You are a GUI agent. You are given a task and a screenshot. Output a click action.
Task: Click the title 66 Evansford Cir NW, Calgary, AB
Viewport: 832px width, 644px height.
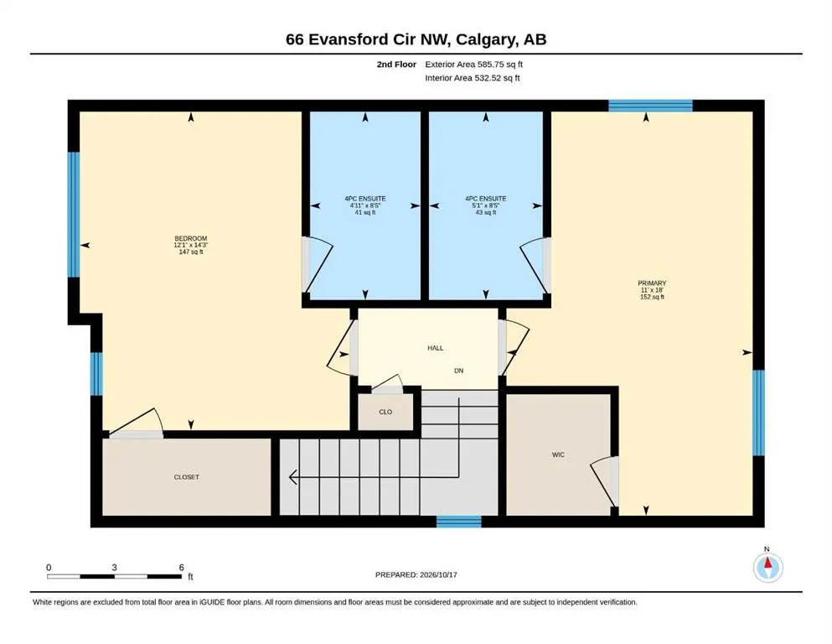tap(416, 39)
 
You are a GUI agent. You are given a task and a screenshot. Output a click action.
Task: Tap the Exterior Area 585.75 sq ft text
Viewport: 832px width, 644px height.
tap(474, 65)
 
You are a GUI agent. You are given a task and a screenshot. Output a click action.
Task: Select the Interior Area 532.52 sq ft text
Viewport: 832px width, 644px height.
tap(473, 78)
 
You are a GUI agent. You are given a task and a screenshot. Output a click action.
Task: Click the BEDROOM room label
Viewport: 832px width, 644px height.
tap(191, 238)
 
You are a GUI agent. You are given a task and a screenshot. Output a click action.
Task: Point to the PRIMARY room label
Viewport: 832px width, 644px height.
tap(652, 283)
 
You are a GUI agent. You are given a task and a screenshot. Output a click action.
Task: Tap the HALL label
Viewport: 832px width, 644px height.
tap(436, 348)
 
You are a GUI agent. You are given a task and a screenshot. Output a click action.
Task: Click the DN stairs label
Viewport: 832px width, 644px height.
tap(459, 371)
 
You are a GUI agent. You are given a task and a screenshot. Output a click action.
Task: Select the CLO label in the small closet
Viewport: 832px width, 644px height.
tap(385, 412)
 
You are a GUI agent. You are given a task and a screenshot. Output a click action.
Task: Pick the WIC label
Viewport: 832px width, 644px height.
tap(558, 455)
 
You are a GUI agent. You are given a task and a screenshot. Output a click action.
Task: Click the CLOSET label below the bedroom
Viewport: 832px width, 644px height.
tap(187, 477)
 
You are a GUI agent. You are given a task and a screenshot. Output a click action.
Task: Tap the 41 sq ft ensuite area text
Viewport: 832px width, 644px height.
tap(365, 212)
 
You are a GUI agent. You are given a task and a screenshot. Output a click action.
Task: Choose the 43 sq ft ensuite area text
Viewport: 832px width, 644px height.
tap(486, 212)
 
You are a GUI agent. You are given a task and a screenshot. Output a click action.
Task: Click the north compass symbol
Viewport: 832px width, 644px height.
tap(767, 567)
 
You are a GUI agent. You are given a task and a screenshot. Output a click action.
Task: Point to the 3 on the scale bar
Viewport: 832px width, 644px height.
tap(114, 568)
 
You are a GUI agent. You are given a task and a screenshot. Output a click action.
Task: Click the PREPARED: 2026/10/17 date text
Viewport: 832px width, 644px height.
tap(416, 574)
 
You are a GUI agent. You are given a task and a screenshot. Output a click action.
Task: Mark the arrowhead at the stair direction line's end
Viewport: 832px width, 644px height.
tap(292, 477)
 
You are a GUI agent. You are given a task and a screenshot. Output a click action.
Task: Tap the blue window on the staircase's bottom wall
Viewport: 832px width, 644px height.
tap(459, 522)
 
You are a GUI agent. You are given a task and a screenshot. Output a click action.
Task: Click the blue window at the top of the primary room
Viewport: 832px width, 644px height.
tap(650, 106)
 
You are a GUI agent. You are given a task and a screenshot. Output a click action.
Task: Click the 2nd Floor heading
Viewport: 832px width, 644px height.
tap(396, 65)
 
